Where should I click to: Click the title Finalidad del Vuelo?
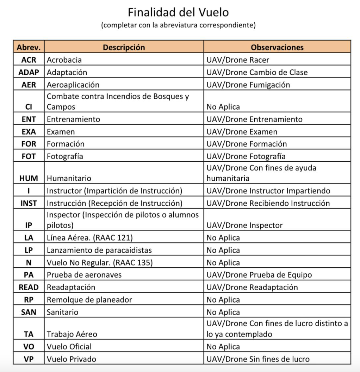click(x=178, y=13)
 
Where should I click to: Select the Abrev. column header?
click(x=29, y=48)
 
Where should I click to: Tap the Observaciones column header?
click(x=277, y=48)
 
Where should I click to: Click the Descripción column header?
click(x=124, y=48)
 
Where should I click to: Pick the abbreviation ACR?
click(x=29, y=60)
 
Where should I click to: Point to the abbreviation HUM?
click(x=29, y=178)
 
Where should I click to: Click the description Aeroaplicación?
click(x=73, y=85)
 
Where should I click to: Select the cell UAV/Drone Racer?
click(x=238, y=60)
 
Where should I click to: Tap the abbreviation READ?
click(x=29, y=287)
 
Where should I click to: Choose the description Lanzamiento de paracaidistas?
click(x=99, y=250)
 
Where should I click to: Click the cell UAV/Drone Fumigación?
click(x=248, y=85)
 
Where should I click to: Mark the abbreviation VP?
click(x=29, y=359)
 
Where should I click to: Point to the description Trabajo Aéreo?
click(x=72, y=334)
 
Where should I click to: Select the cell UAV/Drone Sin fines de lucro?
click(x=258, y=359)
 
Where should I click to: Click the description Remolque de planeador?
click(x=89, y=299)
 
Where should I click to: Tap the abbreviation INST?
click(x=29, y=203)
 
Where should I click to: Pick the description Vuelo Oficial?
click(x=69, y=347)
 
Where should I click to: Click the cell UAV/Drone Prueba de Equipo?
click(x=259, y=275)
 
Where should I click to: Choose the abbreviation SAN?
click(x=29, y=312)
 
